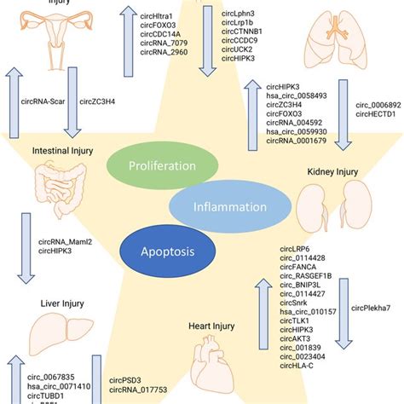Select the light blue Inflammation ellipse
pyautogui.click(x=216, y=205)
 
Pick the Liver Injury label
pyautogui.click(x=57, y=301)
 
